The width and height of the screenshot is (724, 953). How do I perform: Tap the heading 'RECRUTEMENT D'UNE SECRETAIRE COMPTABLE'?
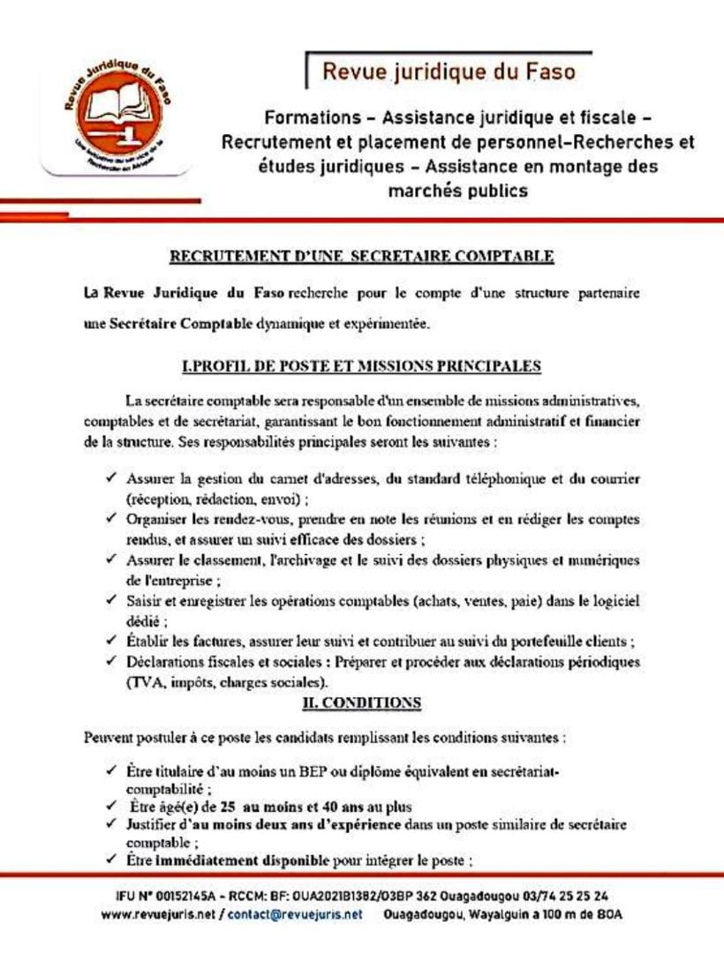tap(362, 257)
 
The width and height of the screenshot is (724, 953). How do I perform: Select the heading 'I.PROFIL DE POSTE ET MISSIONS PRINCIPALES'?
tap(361, 364)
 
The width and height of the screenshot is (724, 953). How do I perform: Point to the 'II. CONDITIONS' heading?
tap(362, 703)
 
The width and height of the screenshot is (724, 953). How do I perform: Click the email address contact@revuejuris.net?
tap(295, 915)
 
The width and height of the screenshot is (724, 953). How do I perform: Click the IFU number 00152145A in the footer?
tap(178, 895)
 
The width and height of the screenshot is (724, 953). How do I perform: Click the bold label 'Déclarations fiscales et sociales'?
tap(229, 662)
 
